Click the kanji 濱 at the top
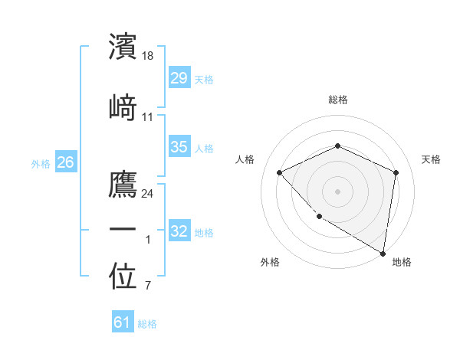pos(123,46)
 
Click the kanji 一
pos(123,230)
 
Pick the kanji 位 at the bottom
pos(123,277)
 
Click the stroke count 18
pos(149,56)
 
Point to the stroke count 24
pos(148,193)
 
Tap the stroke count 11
pos(148,116)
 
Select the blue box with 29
pos(179,78)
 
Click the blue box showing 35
pos(179,147)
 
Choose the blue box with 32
pos(179,231)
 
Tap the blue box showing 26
pos(65,162)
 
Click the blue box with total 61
pos(123,322)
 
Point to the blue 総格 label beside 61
pos(147,324)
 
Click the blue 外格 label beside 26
pos(41,163)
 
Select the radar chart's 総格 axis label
pos(337,100)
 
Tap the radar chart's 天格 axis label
pos(431,159)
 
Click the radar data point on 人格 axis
pos(280,172)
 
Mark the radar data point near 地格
pos(383,253)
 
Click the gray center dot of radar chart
pos(337,191)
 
